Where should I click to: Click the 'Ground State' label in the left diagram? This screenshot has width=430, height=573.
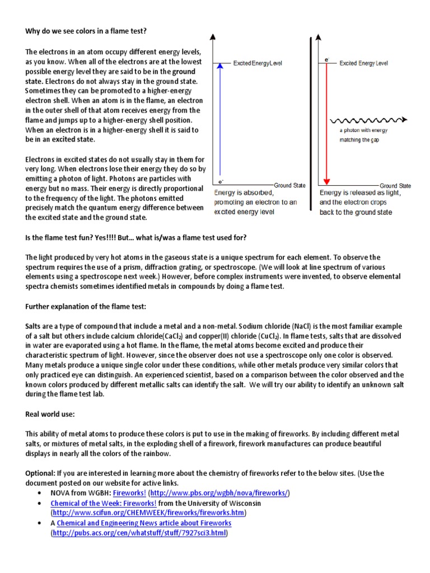point(290,185)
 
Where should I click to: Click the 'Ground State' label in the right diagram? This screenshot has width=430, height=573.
point(395,185)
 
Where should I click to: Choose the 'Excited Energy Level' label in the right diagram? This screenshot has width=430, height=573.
point(363,63)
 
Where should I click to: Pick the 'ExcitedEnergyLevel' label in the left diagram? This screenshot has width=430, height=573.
point(258,63)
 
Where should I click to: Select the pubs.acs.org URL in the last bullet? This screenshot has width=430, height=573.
point(139,533)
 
